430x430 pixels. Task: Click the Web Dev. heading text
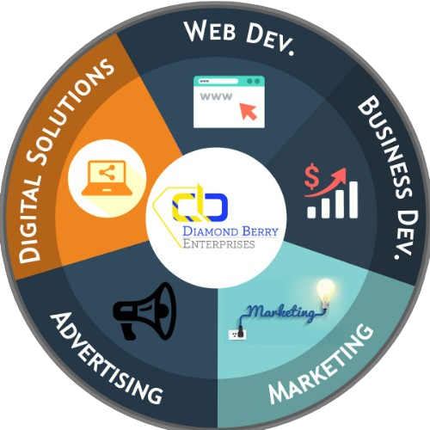239,37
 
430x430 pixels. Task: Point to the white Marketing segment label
321,364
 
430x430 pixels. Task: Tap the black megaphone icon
144,311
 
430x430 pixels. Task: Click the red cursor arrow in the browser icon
249,111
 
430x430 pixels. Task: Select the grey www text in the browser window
216,96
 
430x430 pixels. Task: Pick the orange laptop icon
107,178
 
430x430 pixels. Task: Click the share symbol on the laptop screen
107,173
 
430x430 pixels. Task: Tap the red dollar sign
311,176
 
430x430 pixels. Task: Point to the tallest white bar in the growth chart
353,200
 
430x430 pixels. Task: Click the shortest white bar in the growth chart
311,212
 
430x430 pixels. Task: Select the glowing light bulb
326,292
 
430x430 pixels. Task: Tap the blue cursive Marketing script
282,313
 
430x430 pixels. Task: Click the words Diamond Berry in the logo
230,231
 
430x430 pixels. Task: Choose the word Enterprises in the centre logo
218,243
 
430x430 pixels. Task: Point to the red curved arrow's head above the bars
341,174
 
